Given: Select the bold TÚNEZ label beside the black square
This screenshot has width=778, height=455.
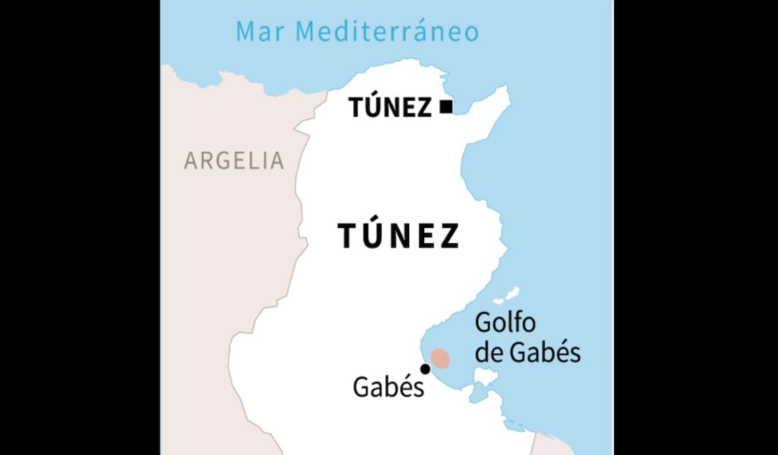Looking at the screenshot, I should point(390,107).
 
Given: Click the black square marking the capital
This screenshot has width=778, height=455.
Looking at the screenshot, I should point(446,107).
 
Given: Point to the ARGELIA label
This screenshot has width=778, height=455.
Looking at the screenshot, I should point(234,161).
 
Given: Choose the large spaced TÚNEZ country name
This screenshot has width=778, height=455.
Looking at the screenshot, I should point(399,236).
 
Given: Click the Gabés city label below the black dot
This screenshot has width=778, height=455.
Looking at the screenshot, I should point(388,387).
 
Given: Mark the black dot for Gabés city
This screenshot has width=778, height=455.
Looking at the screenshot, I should point(425,369).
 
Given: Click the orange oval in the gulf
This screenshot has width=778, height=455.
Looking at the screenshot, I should point(441,359).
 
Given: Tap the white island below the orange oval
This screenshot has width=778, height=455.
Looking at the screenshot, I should point(485,377).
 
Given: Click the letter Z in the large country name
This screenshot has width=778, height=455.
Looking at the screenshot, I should point(449,236).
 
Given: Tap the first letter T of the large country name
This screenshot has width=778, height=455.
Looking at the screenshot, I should point(347,236).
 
